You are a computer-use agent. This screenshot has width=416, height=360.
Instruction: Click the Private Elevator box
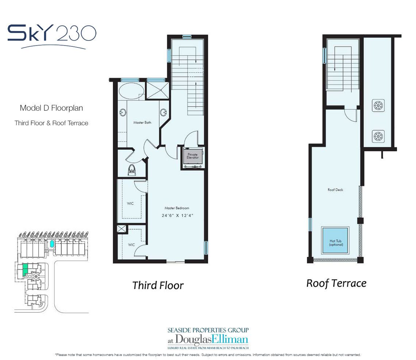pos(193,156)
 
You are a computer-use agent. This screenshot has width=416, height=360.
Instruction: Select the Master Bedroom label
pos(177,208)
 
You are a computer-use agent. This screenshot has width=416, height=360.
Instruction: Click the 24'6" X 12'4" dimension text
pos(177,215)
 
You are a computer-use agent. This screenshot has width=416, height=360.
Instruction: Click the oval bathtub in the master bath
pos(132,91)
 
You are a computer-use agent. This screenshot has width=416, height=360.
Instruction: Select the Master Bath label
pos(142,123)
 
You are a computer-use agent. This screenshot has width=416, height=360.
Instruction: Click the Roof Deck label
pos(335,190)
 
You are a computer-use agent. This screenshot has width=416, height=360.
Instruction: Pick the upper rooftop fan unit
pos(378,106)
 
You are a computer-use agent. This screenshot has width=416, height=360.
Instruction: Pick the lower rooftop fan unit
pos(378,137)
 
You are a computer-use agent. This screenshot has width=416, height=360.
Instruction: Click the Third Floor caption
pos(158,286)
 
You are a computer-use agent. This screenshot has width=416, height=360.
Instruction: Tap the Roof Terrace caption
pos(336,284)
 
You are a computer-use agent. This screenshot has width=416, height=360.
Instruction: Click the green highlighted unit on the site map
pos(25,269)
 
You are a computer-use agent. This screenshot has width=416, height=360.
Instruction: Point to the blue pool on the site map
pos(52,244)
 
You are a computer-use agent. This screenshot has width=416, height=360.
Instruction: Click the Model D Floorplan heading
pos(51,108)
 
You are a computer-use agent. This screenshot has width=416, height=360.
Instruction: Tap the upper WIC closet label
pos(130,204)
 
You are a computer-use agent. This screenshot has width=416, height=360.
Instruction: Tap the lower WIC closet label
pos(132,245)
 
